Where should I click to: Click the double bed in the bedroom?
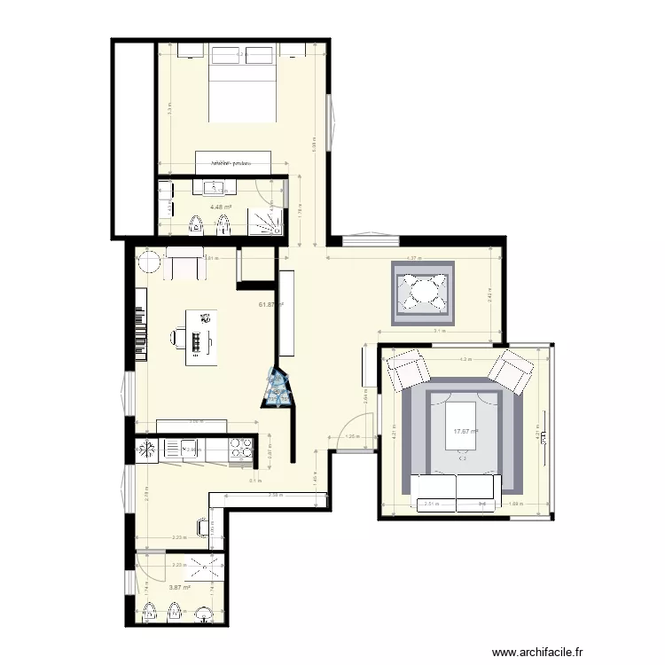point(241,86)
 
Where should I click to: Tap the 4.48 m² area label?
point(220,208)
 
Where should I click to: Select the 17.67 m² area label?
point(465,432)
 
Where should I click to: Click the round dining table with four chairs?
point(424,292)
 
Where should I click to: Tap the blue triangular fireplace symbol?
point(278,390)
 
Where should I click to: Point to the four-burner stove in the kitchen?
point(240,450)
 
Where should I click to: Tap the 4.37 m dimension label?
point(413,258)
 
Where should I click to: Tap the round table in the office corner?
point(148,263)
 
